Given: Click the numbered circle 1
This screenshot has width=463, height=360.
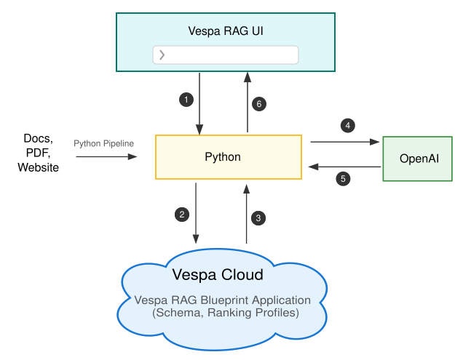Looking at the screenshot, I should click(x=186, y=99).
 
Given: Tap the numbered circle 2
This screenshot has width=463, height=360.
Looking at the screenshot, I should click(x=182, y=214).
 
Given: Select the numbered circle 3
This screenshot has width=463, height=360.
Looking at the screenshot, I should click(x=258, y=217).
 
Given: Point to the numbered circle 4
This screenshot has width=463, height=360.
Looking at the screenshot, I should click(x=347, y=126).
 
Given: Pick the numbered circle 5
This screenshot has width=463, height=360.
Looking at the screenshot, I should click(x=344, y=176).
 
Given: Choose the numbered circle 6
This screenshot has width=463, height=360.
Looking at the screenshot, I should click(x=258, y=104).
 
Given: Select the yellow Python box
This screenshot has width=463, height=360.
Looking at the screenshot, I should click(x=229, y=156).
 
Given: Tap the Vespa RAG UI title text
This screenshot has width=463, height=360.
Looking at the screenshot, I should click(x=225, y=31).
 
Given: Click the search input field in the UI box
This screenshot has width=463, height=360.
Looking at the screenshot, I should click(x=226, y=55).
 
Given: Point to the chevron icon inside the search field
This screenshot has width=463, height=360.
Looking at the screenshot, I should click(x=162, y=55).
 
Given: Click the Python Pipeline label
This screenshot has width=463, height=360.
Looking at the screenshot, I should click(x=104, y=143).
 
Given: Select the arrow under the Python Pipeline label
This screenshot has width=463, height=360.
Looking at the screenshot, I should click(x=106, y=156).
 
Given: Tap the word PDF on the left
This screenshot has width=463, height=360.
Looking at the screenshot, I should click(x=38, y=153).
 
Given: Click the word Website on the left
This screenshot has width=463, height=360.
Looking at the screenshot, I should click(x=38, y=167).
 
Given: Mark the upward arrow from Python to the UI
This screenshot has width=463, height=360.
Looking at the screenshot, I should click(x=248, y=102).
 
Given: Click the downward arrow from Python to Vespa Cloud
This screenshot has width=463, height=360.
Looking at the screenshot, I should click(x=196, y=214).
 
